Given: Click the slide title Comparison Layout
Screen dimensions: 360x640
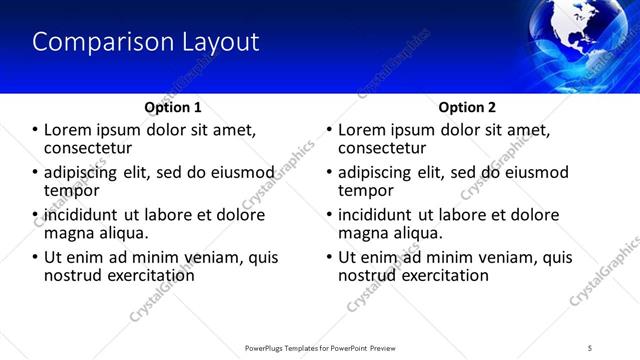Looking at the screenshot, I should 146,42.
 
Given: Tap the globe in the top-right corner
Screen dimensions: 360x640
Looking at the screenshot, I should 590,40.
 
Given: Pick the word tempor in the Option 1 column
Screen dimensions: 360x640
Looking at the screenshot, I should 72,191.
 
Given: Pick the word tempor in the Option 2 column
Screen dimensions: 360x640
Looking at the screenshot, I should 366,191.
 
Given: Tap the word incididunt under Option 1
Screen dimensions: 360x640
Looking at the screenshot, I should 81,215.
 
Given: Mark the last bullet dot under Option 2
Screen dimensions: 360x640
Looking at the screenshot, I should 329,257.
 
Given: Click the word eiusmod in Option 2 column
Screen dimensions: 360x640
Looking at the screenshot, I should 534,172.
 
